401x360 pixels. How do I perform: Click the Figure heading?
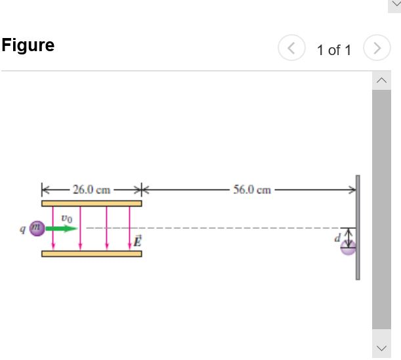[x=28, y=45]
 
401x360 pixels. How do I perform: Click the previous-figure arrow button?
[x=290, y=49]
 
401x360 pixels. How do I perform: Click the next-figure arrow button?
[x=376, y=49]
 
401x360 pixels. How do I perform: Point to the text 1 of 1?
[x=334, y=50]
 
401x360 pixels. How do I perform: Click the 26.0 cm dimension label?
[x=91, y=190]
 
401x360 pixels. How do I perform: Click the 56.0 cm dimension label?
[x=252, y=190]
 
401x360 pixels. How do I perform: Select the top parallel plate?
[x=91, y=203]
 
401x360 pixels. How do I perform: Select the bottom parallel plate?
[x=91, y=253]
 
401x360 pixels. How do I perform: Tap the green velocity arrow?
[x=61, y=228]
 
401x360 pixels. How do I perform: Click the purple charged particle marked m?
[x=37, y=228]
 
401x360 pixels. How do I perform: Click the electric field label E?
[x=137, y=240]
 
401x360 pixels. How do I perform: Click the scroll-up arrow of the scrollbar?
[x=381, y=81]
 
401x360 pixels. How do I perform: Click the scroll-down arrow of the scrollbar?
[x=381, y=347]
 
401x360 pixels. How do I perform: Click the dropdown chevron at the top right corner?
[x=395, y=3]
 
